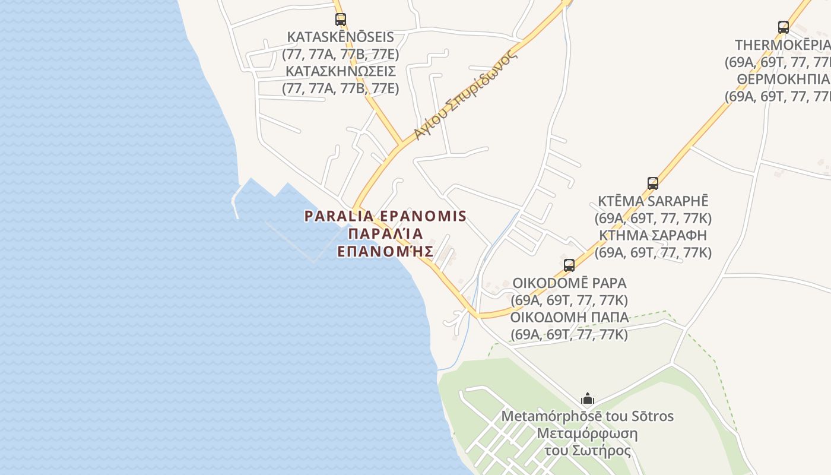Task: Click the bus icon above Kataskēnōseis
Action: (x=340, y=19)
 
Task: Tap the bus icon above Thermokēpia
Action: (x=784, y=27)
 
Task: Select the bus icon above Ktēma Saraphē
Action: (x=653, y=183)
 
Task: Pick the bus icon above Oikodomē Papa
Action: (x=569, y=265)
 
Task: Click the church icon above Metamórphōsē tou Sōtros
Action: (x=588, y=398)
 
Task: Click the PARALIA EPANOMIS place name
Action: (x=385, y=216)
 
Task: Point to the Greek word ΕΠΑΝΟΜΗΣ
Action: (x=385, y=251)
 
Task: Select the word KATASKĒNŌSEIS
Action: (x=340, y=37)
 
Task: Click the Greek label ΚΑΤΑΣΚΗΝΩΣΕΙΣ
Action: (x=340, y=71)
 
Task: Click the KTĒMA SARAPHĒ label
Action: (x=653, y=201)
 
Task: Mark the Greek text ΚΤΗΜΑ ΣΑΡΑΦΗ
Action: (x=653, y=235)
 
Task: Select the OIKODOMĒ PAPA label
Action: (x=569, y=283)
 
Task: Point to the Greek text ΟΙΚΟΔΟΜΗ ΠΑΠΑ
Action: (x=569, y=316)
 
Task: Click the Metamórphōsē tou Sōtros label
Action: (x=588, y=416)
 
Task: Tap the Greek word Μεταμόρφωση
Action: (x=587, y=433)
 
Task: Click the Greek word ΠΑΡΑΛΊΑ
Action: (x=385, y=233)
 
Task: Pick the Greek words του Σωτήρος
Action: (x=588, y=450)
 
